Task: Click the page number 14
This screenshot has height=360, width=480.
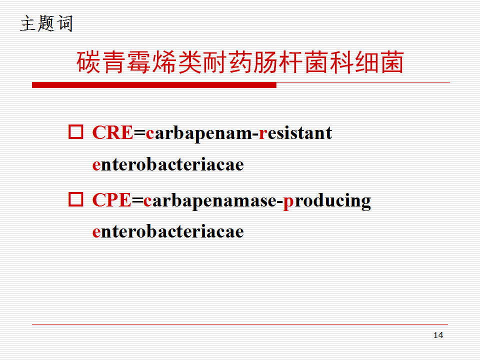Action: coord(438,335)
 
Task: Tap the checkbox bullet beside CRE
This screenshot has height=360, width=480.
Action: coord(75,132)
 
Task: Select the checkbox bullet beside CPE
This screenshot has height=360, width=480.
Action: coord(75,199)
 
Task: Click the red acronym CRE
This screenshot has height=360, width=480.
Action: coord(112,132)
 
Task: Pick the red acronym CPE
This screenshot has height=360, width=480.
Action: coord(111,200)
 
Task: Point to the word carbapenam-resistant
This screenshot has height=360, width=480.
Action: coord(239,133)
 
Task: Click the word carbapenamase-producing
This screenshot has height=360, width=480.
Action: coord(257,201)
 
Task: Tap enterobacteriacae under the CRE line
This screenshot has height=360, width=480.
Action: coord(168,164)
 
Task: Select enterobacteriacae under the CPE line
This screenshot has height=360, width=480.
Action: coord(168,231)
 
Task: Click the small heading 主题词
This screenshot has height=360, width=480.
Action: coord(46,23)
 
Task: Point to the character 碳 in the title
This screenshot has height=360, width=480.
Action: coord(89,62)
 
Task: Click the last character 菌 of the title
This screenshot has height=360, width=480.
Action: coord(392,62)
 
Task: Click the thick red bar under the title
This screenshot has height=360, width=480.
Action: coord(154,85)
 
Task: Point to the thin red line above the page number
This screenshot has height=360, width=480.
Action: coord(240,324)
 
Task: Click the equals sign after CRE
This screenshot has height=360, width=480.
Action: coord(139,133)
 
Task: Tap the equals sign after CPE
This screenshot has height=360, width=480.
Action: coord(137,200)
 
